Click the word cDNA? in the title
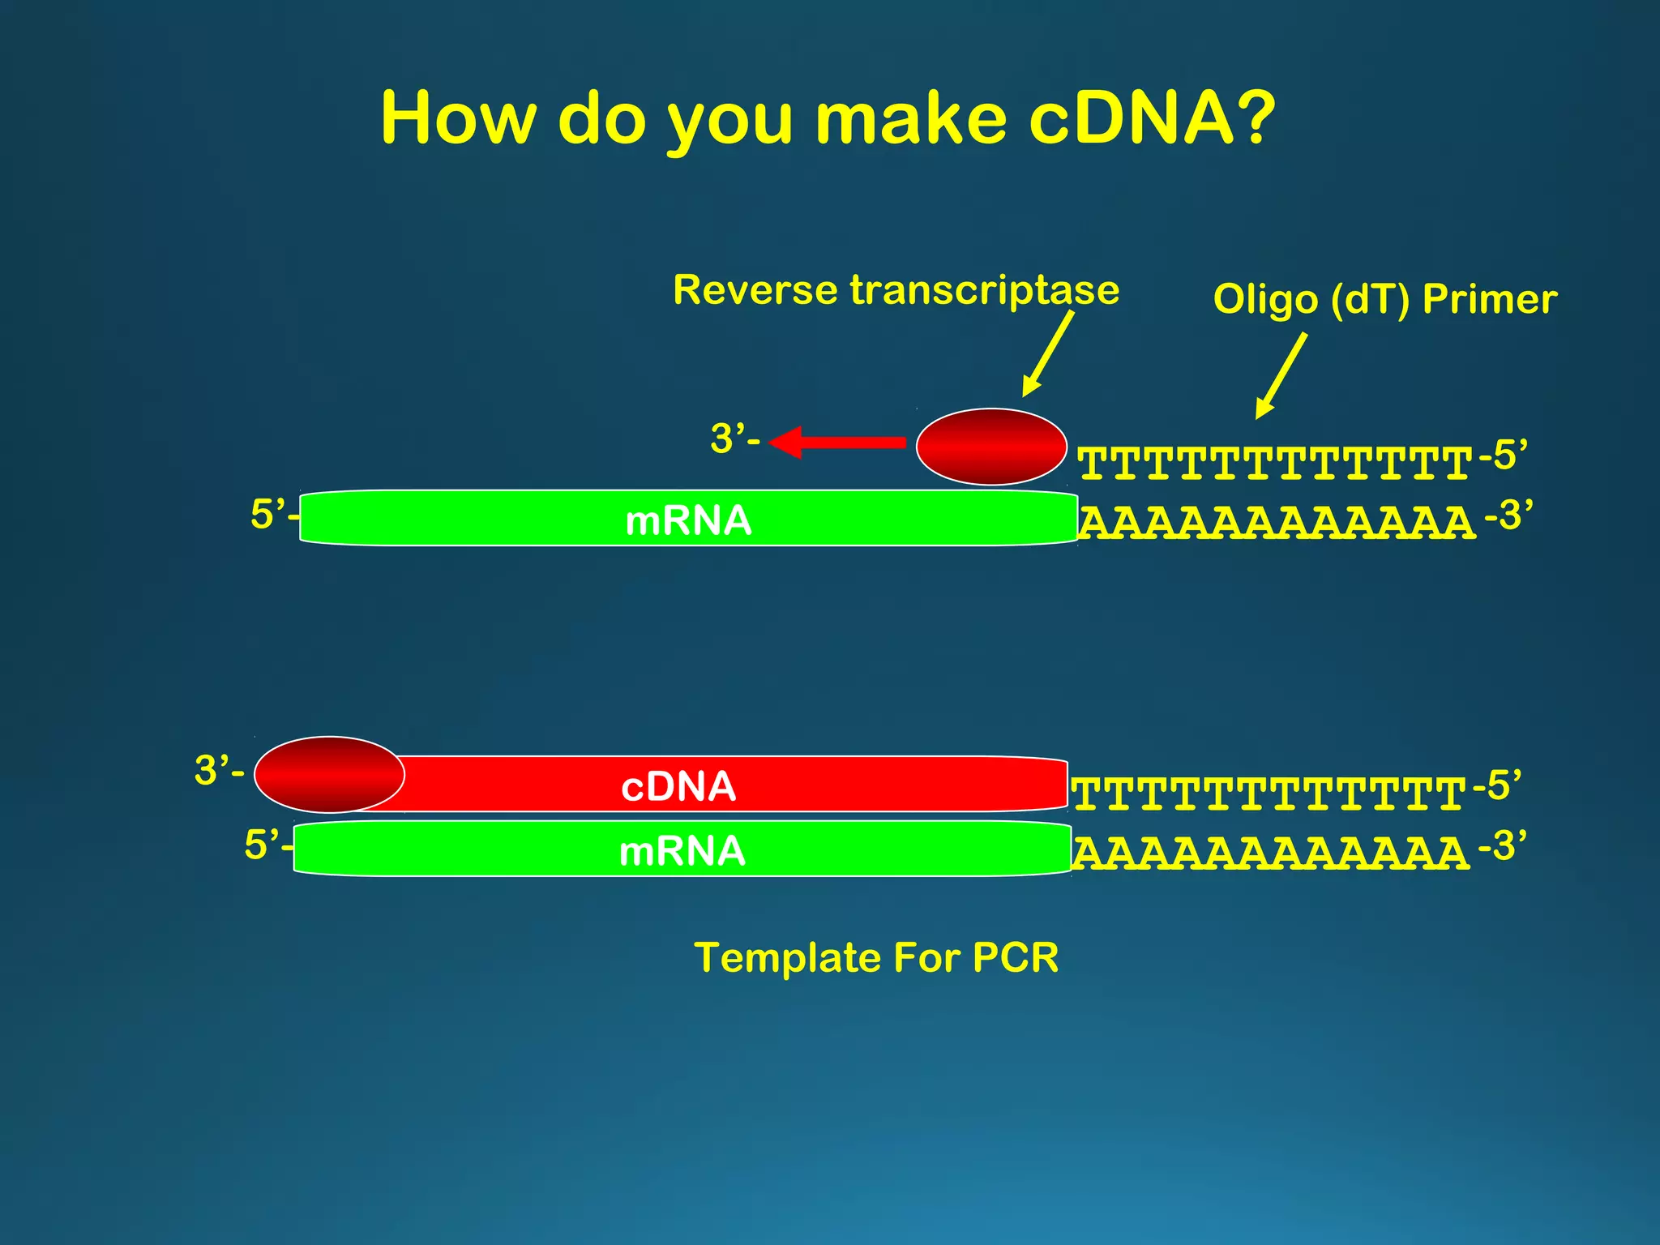[1151, 118]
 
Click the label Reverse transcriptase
[896, 290]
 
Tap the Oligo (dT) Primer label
[1384, 299]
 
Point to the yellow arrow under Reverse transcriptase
[1047, 355]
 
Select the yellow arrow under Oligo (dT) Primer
[1281, 376]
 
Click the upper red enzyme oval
[991, 447]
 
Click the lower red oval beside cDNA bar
[329, 775]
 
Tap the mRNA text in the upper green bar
[688, 520]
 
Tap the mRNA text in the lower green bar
[682, 852]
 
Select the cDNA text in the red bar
[678, 786]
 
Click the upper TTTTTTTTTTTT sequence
[1274, 464]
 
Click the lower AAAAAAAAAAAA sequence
[1270, 854]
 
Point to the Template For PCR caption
[876, 957]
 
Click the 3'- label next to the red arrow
[734, 439]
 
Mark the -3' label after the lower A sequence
[1501, 846]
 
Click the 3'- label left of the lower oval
[218, 770]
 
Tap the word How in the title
[458, 118]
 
